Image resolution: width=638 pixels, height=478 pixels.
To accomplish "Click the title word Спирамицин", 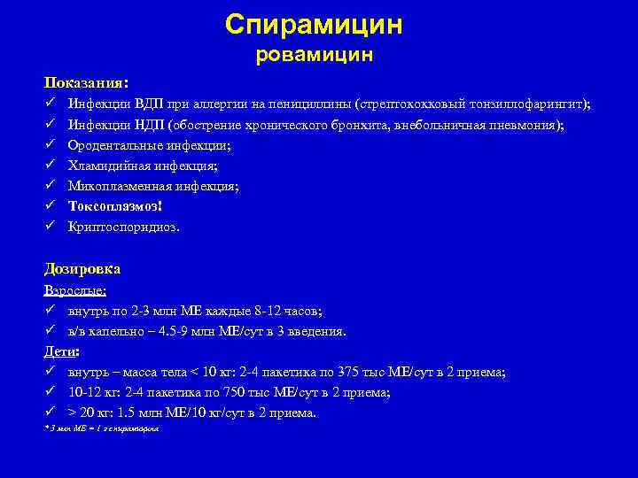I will [314, 24].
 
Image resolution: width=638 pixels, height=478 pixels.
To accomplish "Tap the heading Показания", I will [86, 82].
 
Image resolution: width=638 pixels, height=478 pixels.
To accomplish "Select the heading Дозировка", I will [82, 269].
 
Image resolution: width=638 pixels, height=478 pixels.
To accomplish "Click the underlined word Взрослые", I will [75, 290].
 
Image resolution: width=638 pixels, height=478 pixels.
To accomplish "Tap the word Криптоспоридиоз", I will [123, 227].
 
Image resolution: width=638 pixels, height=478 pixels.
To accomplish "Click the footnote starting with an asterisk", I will [101, 427].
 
